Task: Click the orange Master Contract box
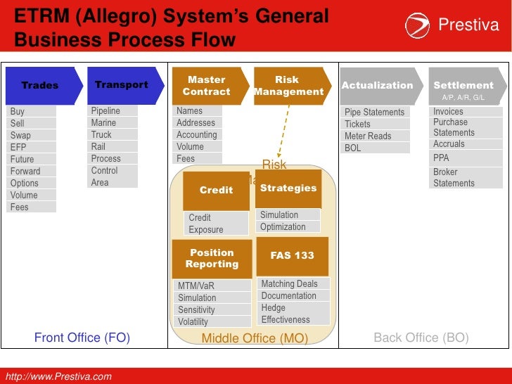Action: pos(207,85)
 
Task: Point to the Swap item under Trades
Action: pos(21,135)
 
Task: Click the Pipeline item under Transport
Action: pos(105,111)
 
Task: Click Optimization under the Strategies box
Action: pos(283,226)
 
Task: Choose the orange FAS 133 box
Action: pos(293,255)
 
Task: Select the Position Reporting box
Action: pos(212,258)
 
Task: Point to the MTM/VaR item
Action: pos(196,286)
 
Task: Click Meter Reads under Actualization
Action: pos(368,136)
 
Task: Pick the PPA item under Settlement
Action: pos(441,158)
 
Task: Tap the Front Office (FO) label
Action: pos(82,338)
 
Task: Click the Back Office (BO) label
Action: pos(421,338)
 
